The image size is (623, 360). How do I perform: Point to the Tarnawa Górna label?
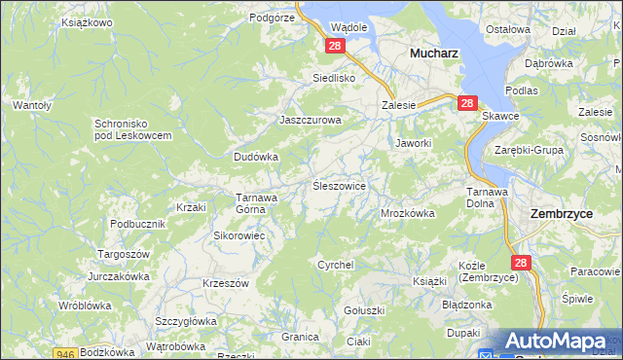(258, 202)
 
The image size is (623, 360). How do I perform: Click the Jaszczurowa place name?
(311, 120)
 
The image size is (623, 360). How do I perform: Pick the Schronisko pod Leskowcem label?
(132, 129)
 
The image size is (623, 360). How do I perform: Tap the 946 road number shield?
(66, 354)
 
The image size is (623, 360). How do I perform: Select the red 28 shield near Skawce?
(467, 103)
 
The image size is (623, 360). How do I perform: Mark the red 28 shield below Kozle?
(521, 263)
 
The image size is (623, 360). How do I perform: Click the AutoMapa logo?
(563, 342)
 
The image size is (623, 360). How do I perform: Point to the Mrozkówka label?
(407, 212)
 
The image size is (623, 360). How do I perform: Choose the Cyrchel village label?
(335, 264)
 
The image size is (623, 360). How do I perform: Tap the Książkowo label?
(87, 20)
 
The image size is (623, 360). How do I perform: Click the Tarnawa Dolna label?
(487, 197)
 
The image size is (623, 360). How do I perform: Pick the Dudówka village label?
(256, 156)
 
